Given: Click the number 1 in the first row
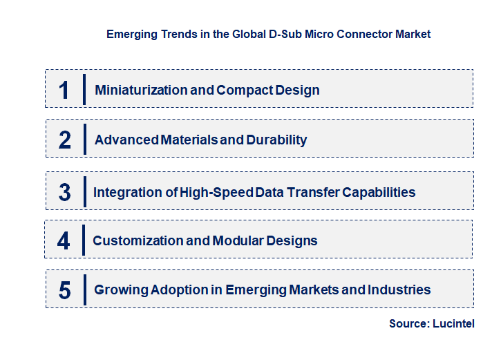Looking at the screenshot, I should [64, 90].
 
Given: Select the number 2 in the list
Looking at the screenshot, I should [65, 140].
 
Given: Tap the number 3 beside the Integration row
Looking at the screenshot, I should [64, 192].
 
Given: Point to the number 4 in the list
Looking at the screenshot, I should [64, 240].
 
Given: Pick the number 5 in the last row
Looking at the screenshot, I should [64, 290].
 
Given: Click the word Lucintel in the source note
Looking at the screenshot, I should [453, 323].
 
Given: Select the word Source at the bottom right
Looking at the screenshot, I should [409, 323].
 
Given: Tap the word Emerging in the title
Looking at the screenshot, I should [131, 34].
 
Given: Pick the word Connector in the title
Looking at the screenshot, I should [366, 34].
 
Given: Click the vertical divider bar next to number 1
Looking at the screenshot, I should [84, 90].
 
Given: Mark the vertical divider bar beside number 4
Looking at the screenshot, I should [84, 240].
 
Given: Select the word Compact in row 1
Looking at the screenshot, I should [240, 90].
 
